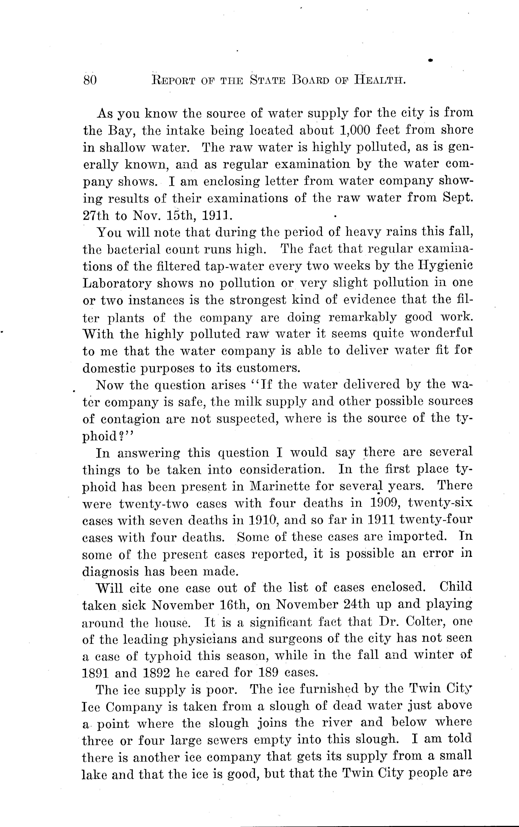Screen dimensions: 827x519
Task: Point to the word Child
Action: (455, 588)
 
